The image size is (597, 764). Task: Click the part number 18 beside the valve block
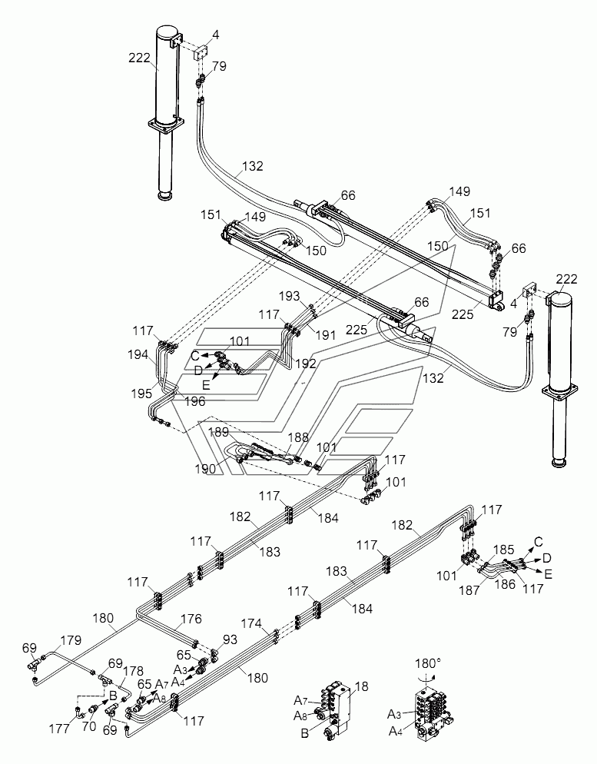pyautogui.click(x=361, y=686)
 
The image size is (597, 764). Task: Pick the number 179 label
pyautogui.click(x=71, y=640)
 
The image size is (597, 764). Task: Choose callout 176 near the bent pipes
pyautogui.click(x=191, y=619)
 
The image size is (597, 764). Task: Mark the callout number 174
pyautogui.click(x=251, y=623)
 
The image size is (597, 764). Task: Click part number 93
pyautogui.click(x=230, y=639)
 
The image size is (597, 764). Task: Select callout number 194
pyautogui.click(x=138, y=355)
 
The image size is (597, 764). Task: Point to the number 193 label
pyautogui.click(x=289, y=296)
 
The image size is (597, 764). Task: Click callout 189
pyautogui.click(x=219, y=432)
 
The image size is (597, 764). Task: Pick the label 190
pyautogui.click(x=205, y=469)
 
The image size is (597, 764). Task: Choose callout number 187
pyautogui.click(x=469, y=590)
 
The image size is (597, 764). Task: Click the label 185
pyautogui.click(x=503, y=550)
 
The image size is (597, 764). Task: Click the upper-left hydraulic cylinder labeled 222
pyautogui.click(x=166, y=112)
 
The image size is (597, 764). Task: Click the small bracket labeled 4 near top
pyautogui.click(x=200, y=52)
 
